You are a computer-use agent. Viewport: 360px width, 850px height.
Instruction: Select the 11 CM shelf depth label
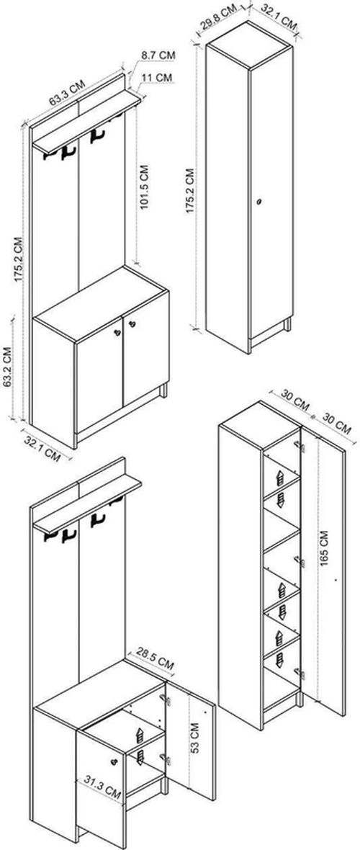point(157,78)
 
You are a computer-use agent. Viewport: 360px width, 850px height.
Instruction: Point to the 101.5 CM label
point(144,187)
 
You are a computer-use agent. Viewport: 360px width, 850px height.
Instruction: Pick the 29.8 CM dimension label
point(217,19)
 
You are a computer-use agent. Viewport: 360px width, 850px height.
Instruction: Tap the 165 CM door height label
point(324,549)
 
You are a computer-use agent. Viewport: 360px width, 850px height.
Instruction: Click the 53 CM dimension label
point(196,737)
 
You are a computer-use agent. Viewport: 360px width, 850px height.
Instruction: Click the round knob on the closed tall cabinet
point(259,202)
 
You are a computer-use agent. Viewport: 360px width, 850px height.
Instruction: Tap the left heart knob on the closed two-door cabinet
point(117,332)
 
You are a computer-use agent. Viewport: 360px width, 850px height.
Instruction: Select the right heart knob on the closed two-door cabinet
point(131,324)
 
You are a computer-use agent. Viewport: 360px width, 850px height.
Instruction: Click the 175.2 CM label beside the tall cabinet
point(189,190)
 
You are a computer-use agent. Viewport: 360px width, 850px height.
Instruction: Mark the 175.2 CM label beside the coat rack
point(19,259)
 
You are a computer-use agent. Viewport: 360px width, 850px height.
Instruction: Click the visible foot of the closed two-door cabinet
point(163,391)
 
